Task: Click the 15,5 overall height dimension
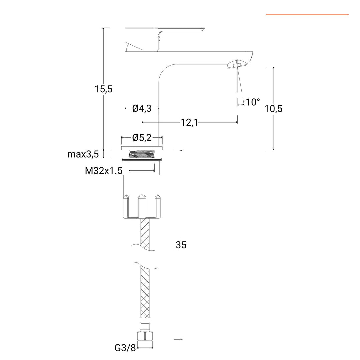point(104,89)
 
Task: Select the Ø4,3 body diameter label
point(142,108)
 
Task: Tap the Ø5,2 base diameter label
point(142,137)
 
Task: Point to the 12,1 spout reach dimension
point(189,123)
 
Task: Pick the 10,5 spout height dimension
point(273,109)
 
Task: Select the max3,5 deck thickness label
point(83,154)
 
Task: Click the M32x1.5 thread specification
point(104,171)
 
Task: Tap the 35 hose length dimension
point(181,245)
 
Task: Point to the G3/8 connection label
point(125,348)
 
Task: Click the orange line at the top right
point(307,15)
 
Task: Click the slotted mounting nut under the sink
point(142,197)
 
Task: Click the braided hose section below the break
point(146,290)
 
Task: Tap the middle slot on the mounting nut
point(142,206)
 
